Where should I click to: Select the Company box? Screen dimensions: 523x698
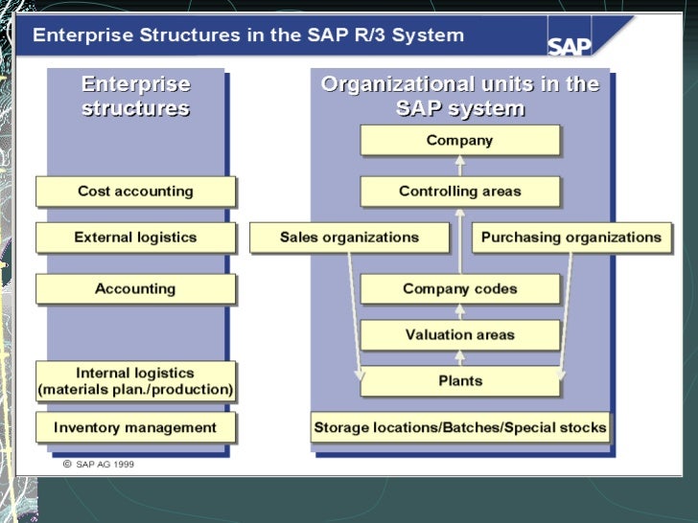[459, 141]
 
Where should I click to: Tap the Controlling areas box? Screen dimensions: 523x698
[459, 192]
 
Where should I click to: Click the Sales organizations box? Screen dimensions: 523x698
[349, 238]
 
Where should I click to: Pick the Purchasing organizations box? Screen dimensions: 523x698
[570, 238]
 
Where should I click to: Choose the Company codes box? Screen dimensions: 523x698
[459, 288]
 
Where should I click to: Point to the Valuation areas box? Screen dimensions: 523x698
[459, 335]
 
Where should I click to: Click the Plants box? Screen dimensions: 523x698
[459, 381]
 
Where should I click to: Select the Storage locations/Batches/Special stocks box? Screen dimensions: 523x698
[459, 427]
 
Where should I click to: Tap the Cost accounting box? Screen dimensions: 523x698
[135, 192]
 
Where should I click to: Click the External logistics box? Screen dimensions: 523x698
[135, 238]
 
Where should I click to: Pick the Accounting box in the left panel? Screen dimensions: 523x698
[135, 289]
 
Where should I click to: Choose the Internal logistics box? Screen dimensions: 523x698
[135, 381]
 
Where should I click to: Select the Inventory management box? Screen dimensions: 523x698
[135, 427]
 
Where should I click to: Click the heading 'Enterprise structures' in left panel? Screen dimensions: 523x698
[135, 97]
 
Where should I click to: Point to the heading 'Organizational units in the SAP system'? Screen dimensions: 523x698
[459, 97]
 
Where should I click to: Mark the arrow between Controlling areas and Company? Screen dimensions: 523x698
[459, 166]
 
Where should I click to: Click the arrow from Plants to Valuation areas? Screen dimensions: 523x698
[459, 358]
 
